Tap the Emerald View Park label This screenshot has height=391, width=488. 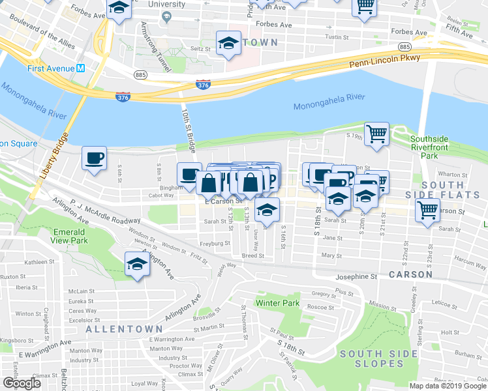tap(69, 237)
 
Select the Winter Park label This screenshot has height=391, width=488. tap(277, 303)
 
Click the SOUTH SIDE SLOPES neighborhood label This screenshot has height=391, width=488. tap(378, 358)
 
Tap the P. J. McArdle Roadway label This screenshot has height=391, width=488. tap(98, 211)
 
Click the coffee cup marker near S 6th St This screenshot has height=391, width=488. tap(94, 158)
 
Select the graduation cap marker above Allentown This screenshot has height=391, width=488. tap(137, 265)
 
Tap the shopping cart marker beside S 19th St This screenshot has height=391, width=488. tap(376, 134)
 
